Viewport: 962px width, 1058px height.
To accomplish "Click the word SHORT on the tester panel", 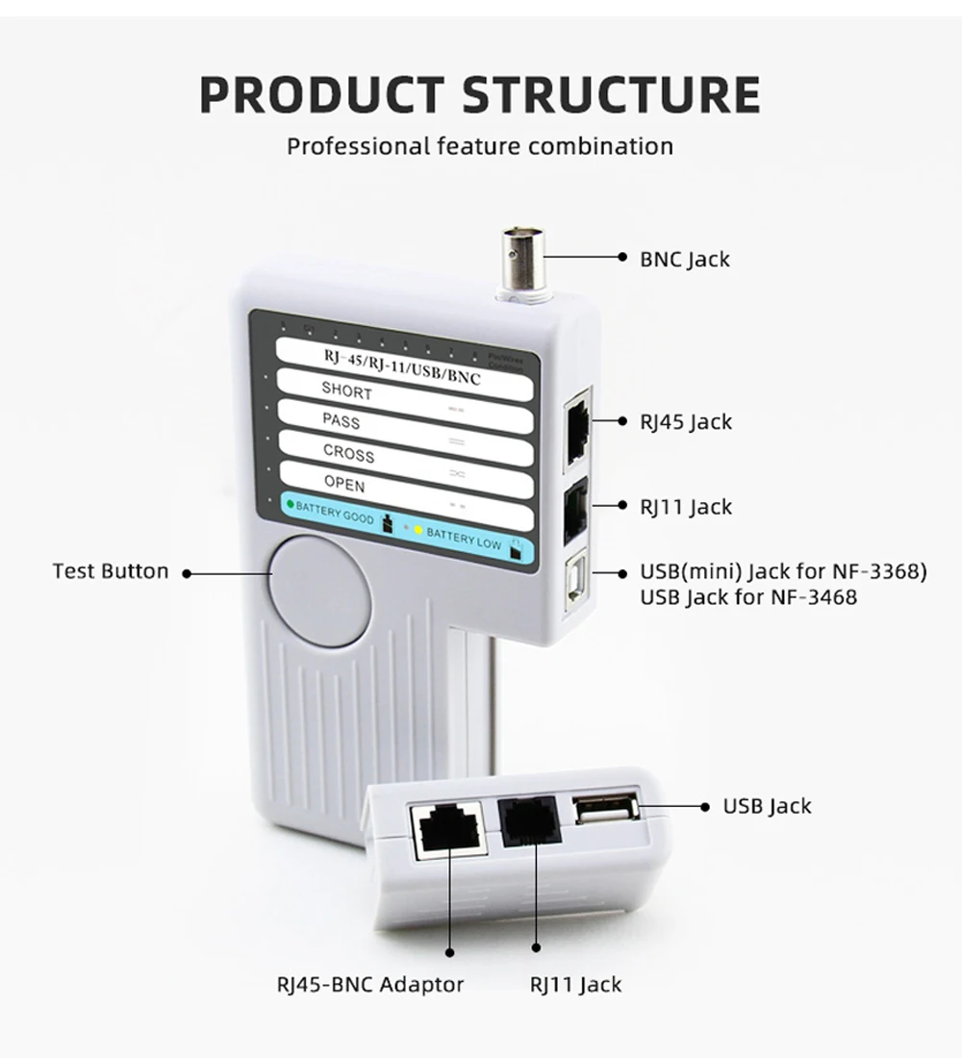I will pyautogui.click(x=346, y=391).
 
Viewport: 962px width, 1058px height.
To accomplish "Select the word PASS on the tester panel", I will pyautogui.click(x=341, y=420).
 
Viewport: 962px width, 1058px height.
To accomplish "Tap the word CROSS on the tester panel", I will pyautogui.click(x=348, y=452).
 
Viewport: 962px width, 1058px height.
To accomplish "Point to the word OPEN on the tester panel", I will pyautogui.click(x=344, y=483).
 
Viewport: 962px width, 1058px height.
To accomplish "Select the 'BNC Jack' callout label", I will pyautogui.click(x=685, y=259).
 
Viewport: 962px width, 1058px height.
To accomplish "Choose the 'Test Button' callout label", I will pyautogui.click(x=110, y=571).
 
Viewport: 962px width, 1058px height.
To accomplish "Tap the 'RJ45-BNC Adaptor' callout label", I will pyautogui.click(x=370, y=984).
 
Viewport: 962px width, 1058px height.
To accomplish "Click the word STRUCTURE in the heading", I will pyautogui.click(x=611, y=93).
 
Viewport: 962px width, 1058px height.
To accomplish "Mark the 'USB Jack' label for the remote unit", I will pyautogui.click(x=767, y=806).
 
